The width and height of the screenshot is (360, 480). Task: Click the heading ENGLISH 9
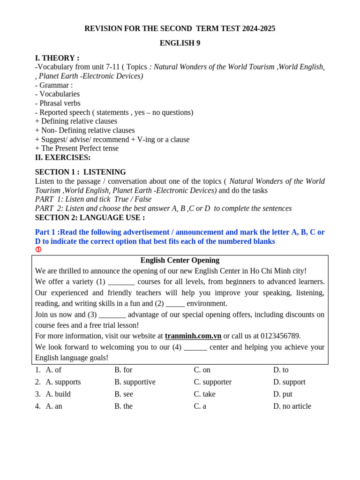click(180, 43)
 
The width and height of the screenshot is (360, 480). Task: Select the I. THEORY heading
click(57, 58)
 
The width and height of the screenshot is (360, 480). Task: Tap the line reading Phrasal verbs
click(58, 103)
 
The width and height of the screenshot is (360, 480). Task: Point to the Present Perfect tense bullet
click(77, 148)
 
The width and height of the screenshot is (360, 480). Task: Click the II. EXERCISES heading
click(63, 157)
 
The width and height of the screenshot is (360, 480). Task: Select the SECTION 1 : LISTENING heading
click(81, 172)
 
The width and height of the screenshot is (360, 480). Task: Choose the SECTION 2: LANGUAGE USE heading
click(90, 217)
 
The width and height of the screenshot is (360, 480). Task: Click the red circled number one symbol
click(38, 249)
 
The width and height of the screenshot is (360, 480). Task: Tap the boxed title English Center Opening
click(180, 260)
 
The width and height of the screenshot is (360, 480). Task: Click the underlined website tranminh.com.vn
click(193, 336)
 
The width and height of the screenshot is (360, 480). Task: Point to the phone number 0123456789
click(277, 336)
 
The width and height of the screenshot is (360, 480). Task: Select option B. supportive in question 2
click(135, 382)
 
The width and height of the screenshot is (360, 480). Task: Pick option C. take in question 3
click(205, 394)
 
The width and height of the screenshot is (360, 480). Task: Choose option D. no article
click(292, 406)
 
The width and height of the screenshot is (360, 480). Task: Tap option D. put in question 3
click(283, 394)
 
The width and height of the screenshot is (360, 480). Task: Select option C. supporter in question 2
click(213, 382)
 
